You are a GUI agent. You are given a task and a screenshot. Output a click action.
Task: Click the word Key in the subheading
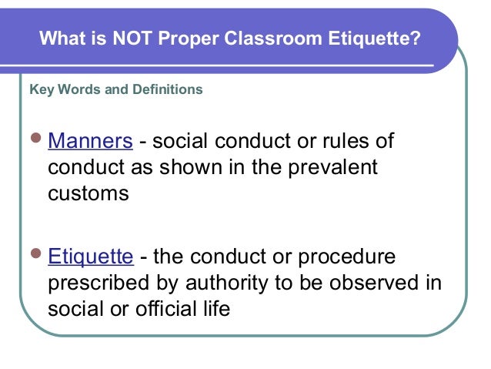coord(39,89)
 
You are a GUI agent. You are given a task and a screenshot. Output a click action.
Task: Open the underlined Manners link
coord(90,142)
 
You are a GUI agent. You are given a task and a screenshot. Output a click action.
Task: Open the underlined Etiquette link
coord(90,257)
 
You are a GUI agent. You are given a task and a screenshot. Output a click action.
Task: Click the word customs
coord(88,193)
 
